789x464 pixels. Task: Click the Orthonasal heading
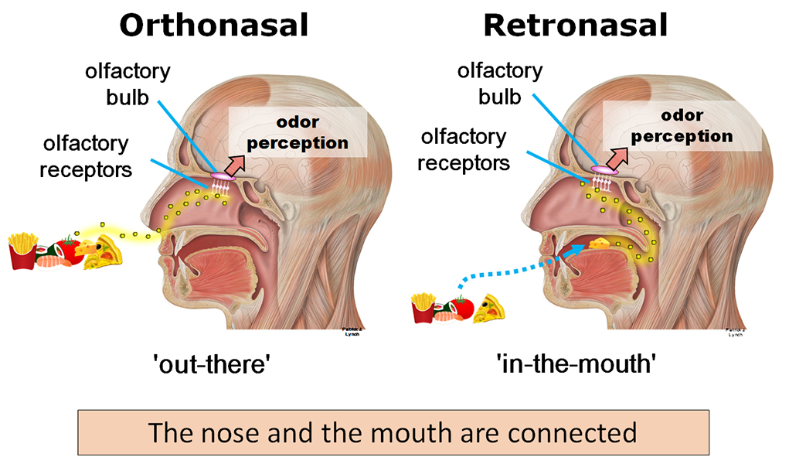pyautogui.click(x=213, y=26)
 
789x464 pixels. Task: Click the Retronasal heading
pyautogui.click(x=575, y=26)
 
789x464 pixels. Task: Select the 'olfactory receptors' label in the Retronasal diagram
pyautogui.click(x=464, y=150)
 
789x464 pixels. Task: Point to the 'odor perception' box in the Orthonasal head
pyautogui.click(x=297, y=132)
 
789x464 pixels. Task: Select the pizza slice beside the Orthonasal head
pyautogui.click(x=104, y=252)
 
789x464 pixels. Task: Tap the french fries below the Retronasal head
pyautogui.click(x=423, y=307)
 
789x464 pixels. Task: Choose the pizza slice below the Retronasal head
pyautogui.click(x=489, y=308)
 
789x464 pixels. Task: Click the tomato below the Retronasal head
pyautogui.click(x=461, y=307)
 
